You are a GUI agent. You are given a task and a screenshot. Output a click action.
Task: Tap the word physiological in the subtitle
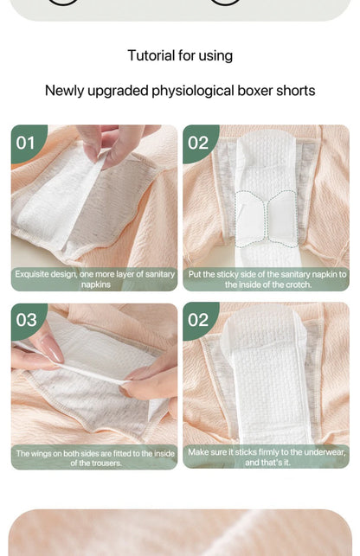click(x=197, y=91)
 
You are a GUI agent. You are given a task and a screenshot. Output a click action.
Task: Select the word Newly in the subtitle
click(x=65, y=91)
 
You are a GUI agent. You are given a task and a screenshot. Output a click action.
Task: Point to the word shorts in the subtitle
click(x=295, y=91)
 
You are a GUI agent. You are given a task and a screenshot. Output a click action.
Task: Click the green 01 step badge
click(x=26, y=142)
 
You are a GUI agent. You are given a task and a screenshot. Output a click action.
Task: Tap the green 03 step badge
click(x=26, y=320)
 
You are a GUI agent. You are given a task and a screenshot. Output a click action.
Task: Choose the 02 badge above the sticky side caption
click(x=198, y=142)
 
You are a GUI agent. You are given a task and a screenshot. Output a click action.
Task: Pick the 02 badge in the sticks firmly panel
click(x=198, y=320)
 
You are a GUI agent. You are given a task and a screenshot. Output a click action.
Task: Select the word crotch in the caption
click(x=295, y=284)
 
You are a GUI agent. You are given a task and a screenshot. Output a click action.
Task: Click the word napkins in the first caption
click(x=95, y=284)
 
